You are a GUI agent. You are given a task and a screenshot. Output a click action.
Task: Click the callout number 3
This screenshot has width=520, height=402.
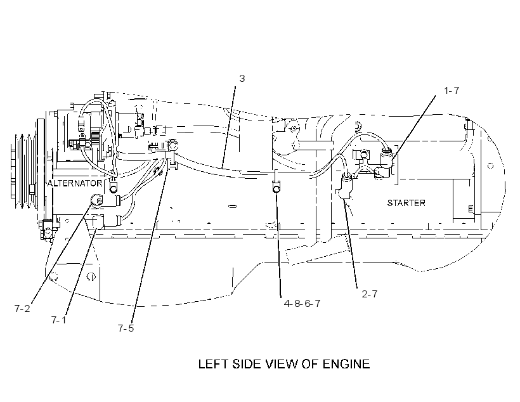(x=242, y=79)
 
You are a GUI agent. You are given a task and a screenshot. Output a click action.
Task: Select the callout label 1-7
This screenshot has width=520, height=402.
(x=452, y=90)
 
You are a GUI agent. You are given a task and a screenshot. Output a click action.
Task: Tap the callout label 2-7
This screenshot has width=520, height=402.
(x=370, y=294)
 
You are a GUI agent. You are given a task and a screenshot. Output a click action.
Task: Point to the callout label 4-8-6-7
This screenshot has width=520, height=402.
(x=302, y=304)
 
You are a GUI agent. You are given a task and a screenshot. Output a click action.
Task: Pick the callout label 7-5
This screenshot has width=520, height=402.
(x=126, y=328)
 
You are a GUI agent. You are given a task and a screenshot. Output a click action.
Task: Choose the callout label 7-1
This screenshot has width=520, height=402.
(x=59, y=320)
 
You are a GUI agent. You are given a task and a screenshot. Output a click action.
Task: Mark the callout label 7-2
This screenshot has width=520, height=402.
(x=22, y=308)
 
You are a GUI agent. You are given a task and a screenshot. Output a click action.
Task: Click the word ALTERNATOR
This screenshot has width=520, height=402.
(x=75, y=183)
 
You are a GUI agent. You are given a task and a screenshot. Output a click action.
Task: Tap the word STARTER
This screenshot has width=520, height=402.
(x=406, y=203)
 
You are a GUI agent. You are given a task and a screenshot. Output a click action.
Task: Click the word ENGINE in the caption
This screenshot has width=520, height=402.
(x=346, y=364)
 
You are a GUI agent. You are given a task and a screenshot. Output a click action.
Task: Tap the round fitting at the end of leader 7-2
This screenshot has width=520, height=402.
(x=96, y=200)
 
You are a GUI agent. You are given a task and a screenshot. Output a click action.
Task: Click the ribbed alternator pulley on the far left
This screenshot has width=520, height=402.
(x=24, y=172)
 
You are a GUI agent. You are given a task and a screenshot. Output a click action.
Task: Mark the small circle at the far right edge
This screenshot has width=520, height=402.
(x=490, y=165)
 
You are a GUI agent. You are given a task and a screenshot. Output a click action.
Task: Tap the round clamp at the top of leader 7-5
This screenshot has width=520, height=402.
(x=172, y=145)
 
